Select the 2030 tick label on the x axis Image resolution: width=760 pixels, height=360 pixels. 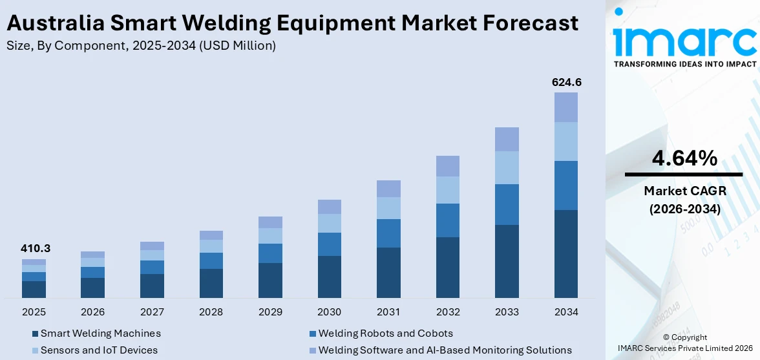pos(329,312)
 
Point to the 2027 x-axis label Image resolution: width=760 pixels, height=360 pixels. pos(152,312)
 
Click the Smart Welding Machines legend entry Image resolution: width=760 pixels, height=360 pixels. pos(100,334)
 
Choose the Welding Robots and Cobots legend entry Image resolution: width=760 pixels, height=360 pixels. pos(385,334)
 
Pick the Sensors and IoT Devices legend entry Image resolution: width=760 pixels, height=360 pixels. pos(99,350)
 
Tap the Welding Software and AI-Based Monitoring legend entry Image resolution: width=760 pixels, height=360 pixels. pos(445,350)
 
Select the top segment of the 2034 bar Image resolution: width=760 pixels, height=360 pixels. pos(565,107)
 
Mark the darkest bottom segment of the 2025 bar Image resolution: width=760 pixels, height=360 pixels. pos(34,290)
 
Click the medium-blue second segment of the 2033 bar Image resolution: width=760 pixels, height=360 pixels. pos(507,204)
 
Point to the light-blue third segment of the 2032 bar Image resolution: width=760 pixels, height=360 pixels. pos(447,190)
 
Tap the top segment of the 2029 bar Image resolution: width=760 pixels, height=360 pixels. pos(270,222)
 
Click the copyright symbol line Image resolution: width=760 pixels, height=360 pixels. pos(685,337)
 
